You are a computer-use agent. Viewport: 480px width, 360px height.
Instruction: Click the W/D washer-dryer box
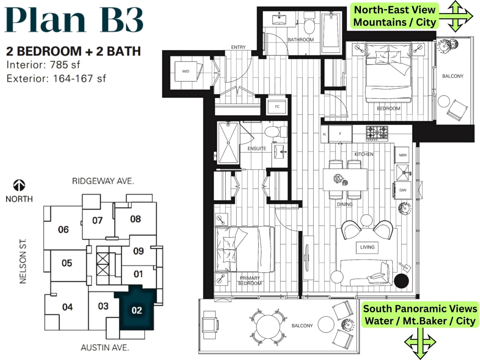185,72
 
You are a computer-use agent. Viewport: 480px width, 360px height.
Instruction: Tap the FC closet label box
277,107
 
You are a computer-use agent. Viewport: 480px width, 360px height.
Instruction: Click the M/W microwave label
402,155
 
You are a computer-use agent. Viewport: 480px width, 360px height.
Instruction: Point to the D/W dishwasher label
402,190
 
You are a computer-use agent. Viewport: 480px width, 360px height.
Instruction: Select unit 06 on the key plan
63,230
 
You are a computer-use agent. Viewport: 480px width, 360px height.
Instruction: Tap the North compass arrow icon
19,185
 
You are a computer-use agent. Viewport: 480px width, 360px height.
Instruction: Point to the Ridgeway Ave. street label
102,181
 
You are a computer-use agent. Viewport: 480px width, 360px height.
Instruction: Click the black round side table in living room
401,281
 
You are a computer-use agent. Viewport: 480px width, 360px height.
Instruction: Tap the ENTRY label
238,47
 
